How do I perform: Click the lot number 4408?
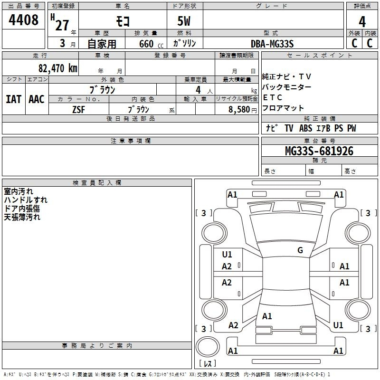(x=23, y=19)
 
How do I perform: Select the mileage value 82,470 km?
(x=58, y=68)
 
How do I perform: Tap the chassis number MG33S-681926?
(x=319, y=151)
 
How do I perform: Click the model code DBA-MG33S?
(x=272, y=44)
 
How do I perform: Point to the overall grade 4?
(x=362, y=22)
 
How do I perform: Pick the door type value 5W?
(x=184, y=21)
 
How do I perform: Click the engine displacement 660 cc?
(x=151, y=44)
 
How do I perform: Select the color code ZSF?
(x=78, y=110)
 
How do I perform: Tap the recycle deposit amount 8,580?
(x=239, y=109)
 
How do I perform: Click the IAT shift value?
(x=14, y=99)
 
